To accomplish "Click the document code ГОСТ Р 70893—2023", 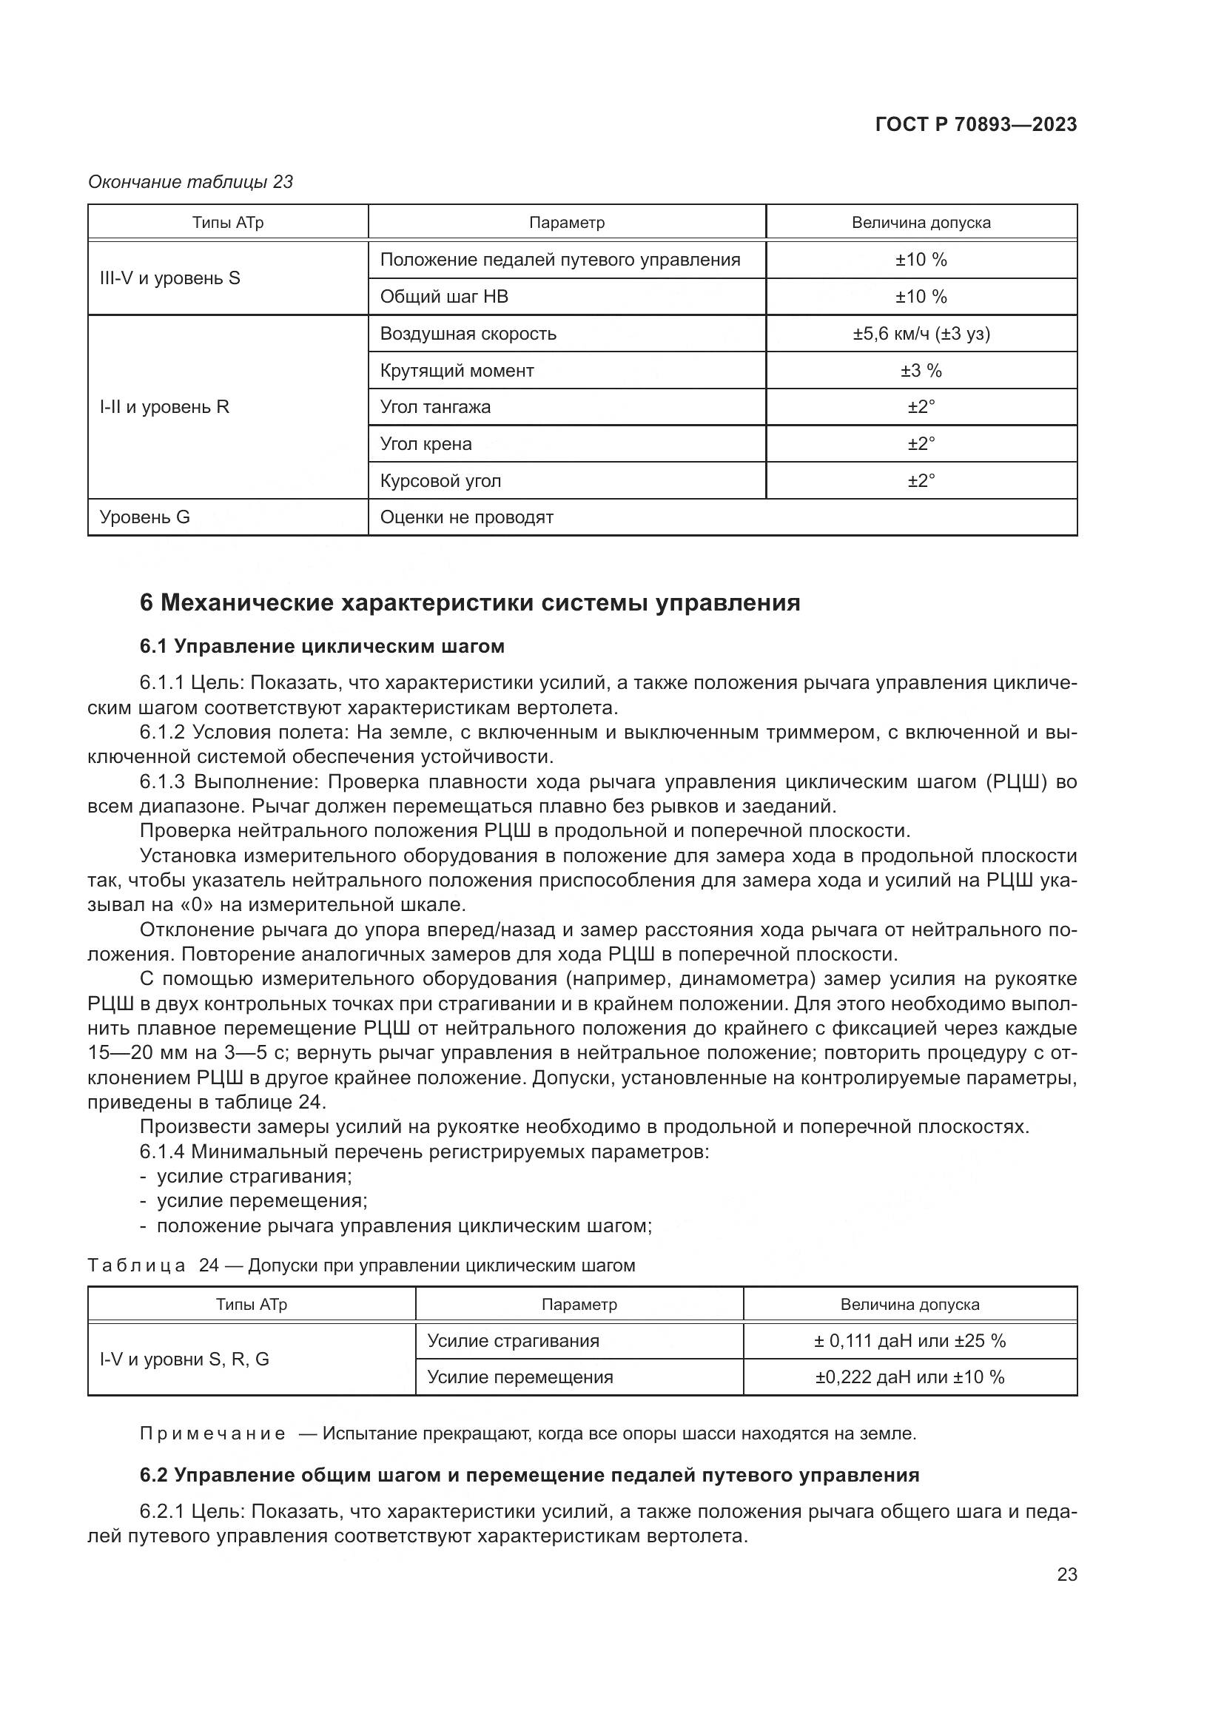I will tap(975, 124).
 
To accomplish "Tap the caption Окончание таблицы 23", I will tap(190, 183).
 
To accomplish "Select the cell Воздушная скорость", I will tap(468, 333).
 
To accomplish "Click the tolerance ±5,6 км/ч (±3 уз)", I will tap(921, 333).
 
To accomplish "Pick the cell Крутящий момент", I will tap(457, 370).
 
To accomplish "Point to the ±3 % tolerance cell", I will tap(921, 370).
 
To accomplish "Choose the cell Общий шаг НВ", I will tap(444, 296).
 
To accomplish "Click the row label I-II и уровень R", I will tap(164, 407).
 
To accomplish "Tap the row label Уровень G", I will tap(145, 517).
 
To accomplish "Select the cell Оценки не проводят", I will tap(466, 517).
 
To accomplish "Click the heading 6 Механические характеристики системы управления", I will tap(470, 603).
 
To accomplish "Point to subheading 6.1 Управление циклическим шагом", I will tap(322, 646).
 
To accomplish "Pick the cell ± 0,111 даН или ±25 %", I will tap(909, 1341).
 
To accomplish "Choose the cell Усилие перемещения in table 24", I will tap(520, 1377).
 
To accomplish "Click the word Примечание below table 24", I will tap(213, 1434).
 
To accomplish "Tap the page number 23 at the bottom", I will tap(1066, 1575).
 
